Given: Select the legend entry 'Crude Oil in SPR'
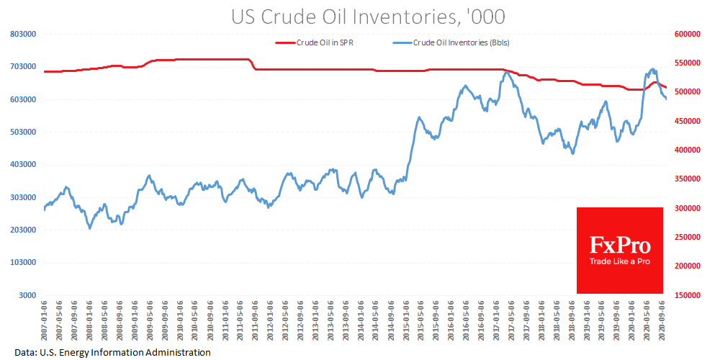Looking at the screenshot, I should pos(325,42).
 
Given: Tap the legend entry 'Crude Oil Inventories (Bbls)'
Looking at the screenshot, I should pos(461,42).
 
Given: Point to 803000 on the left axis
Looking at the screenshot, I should pos(22,34).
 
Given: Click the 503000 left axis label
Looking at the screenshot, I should pos(22,132).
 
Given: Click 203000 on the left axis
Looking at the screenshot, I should pos(22,230).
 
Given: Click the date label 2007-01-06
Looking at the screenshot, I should pos(45,320).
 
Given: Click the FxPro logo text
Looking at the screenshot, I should pos(620,245).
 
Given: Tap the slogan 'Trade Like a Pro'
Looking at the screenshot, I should pos(620,261).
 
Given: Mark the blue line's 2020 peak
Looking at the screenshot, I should pos(653,69).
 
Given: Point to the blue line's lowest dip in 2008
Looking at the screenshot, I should pos(90,228).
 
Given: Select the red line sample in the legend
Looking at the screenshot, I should pos(285,42).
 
